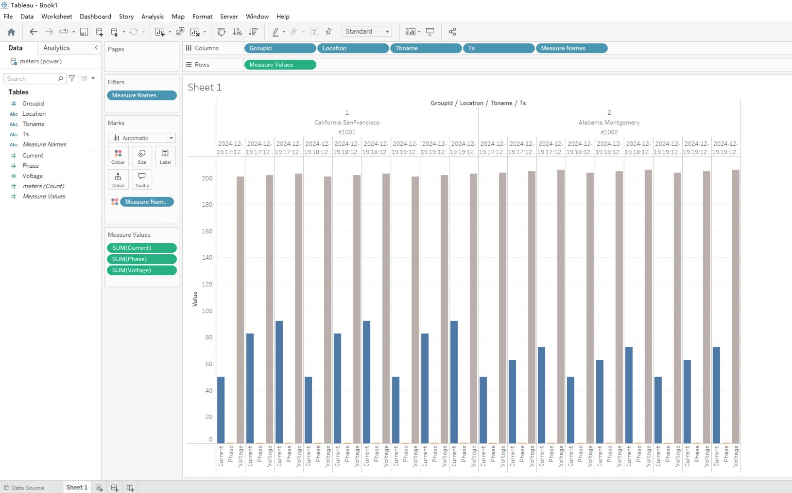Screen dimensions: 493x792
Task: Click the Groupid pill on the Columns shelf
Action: click(x=279, y=48)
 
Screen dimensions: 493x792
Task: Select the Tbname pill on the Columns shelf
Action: click(x=425, y=48)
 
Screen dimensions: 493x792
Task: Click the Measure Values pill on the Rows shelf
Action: click(x=280, y=65)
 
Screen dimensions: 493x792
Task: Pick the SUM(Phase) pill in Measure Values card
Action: click(x=141, y=259)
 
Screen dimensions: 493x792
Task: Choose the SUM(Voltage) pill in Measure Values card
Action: click(x=141, y=270)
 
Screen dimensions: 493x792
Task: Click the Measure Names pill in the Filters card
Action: click(x=141, y=95)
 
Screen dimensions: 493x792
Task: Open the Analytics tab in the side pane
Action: click(x=56, y=48)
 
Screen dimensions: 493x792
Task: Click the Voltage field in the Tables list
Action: click(x=33, y=176)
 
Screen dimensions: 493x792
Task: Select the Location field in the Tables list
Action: click(x=34, y=114)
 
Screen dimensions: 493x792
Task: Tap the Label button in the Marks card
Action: click(x=165, y=156)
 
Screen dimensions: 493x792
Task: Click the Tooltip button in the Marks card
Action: click(x=142, y=179)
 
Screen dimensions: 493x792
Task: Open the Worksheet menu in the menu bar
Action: click(x=56, y=17)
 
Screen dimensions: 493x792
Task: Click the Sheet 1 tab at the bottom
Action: click(x=77, y=487)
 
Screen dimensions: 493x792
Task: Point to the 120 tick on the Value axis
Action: click(x=207, y=284)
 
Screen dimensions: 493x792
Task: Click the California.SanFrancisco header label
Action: click(x=346, y=123)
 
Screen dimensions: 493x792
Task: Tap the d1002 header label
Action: click(x=609, y=132)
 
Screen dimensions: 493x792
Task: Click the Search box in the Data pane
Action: click(x=32, y=79)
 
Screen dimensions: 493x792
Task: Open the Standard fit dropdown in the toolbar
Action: click(x=367, y=32)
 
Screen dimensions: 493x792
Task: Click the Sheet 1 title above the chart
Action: click(x=205, y=88)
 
